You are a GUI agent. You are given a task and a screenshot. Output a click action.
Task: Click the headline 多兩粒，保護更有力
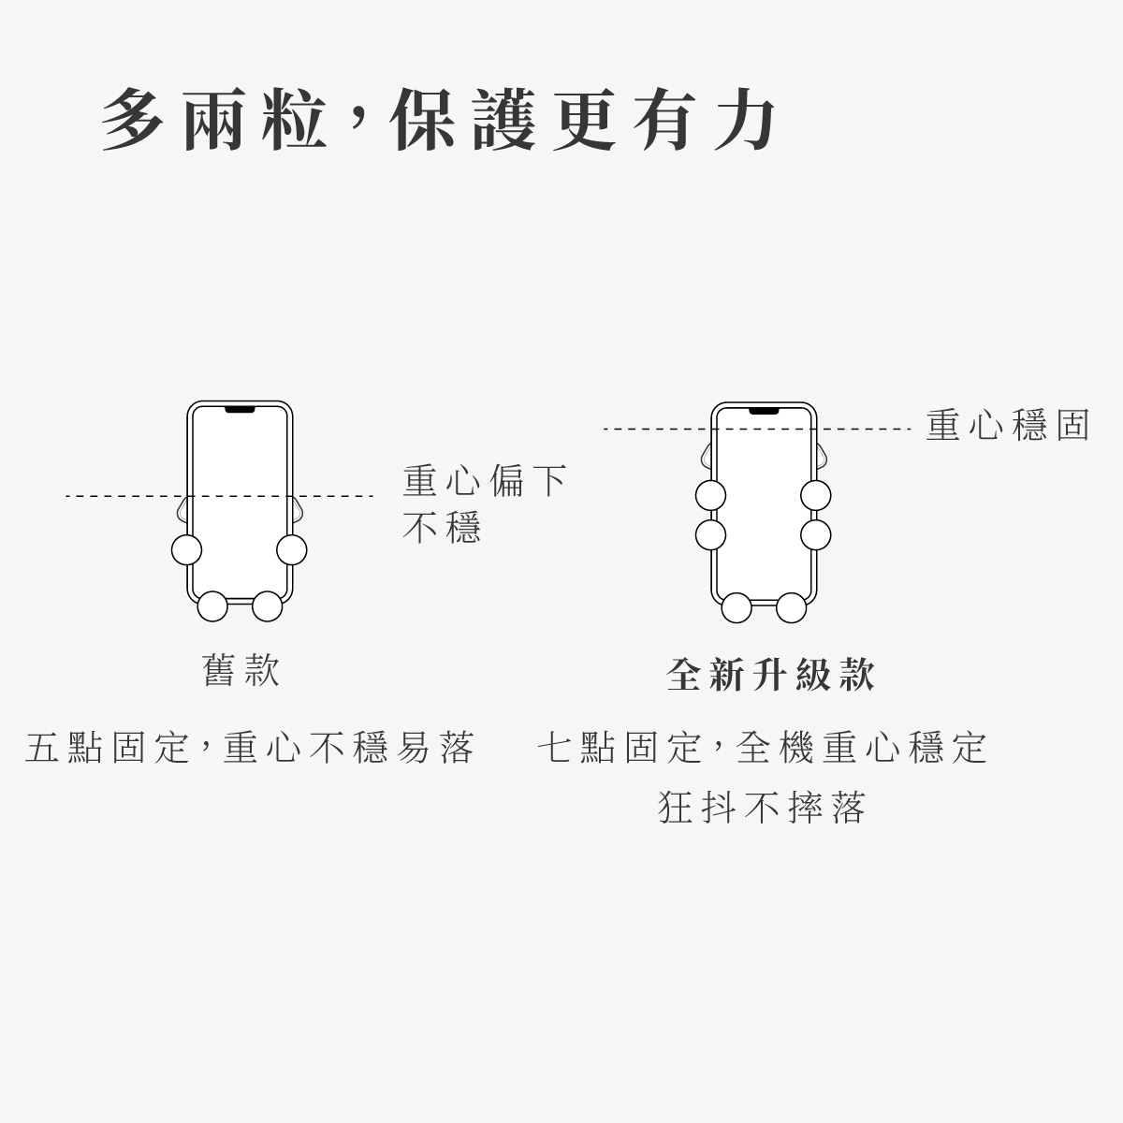pyautogui.click(x=438, y=120)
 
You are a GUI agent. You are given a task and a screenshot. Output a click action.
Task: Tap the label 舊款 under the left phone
pyautogui.click(x=241, y=670)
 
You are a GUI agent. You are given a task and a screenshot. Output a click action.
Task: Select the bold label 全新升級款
pyautogui.click(x=770, y=674)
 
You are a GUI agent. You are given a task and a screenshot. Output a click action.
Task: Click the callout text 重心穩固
pyautogui.click(x=1008, y=425)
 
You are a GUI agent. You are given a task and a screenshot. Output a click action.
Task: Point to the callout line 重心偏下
pyautogui.click(x=484, y=481)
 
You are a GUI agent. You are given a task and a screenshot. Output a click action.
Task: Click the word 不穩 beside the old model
pyautogui.click(x=442, y=528)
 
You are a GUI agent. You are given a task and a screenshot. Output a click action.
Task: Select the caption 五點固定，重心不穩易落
pyautogui.click(x=250, y=748)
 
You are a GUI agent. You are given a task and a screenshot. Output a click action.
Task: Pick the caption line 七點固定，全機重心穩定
pyautogui.click(x=763, y=748)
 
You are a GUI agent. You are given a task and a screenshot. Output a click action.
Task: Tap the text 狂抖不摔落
pyautogui.click(x=763, y=808)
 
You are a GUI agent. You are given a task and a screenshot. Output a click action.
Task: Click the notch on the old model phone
pyautogui.click(x=240, y=410)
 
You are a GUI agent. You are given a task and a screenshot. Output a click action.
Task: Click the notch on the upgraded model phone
pyautogui.click(x=764, y=412)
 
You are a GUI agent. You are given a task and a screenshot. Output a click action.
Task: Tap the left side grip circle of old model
pyautogui.click(x=187, y=549)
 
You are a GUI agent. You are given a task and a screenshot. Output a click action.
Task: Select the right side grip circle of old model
pyautogui.click(x=292, y=549)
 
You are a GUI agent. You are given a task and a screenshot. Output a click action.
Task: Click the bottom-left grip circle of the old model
pyautogui.click(x=212, y=606)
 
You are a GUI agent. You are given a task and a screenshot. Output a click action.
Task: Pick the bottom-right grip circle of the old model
pyautogui.click(x=268, y=606)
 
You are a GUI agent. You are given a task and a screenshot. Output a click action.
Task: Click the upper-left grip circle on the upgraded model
pyautogui.click(x=711, y=496)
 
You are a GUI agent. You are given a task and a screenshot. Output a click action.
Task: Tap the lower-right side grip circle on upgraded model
pyautogui.click(x=816, y=535)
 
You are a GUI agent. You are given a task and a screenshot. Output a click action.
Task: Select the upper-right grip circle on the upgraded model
pyautogui.click(x=816, y=496)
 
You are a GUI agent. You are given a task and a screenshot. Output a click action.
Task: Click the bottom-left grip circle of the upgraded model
pyautogui.click(x=737, y=608)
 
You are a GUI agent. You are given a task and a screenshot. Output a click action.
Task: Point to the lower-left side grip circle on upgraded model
pyautogui.click(x=711, y=535)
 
